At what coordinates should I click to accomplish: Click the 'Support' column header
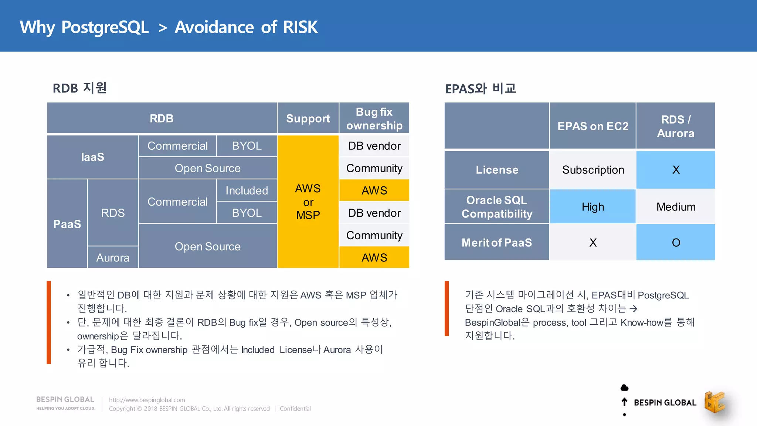308,118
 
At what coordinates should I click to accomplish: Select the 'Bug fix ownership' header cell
374,118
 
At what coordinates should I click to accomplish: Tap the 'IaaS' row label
92,157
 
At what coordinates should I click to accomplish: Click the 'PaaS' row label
67,224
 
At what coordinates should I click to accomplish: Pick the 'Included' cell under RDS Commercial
247,190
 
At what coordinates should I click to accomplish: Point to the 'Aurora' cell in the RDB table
113,257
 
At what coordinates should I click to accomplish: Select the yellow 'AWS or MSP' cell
308,202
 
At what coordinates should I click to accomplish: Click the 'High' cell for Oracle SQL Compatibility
593,207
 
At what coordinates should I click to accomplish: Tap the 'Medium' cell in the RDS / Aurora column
676,207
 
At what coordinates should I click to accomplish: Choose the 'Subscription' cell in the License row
593,170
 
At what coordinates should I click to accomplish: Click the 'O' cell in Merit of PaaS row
676,243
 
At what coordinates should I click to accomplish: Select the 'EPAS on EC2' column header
593,126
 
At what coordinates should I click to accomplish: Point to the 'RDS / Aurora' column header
675,126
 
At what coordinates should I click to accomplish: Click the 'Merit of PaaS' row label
496,243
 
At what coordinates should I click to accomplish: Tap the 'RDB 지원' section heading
79,88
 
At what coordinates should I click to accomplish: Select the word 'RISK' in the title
300,27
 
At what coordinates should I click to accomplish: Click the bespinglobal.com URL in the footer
147,400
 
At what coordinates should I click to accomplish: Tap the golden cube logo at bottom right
714,402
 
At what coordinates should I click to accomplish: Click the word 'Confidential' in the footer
295,409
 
